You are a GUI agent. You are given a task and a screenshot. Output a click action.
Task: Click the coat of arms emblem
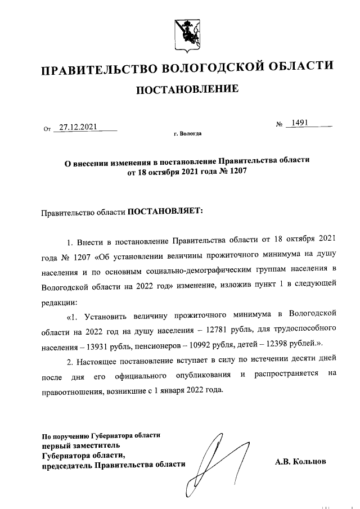click(x=186, y=33)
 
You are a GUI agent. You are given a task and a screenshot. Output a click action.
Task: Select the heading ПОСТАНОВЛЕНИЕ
click(x=186, y=89)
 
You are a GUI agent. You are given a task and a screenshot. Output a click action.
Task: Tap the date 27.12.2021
click(x=78, y=127)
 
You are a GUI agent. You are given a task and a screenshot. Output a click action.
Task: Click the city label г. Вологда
click(x=187, y=134)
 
